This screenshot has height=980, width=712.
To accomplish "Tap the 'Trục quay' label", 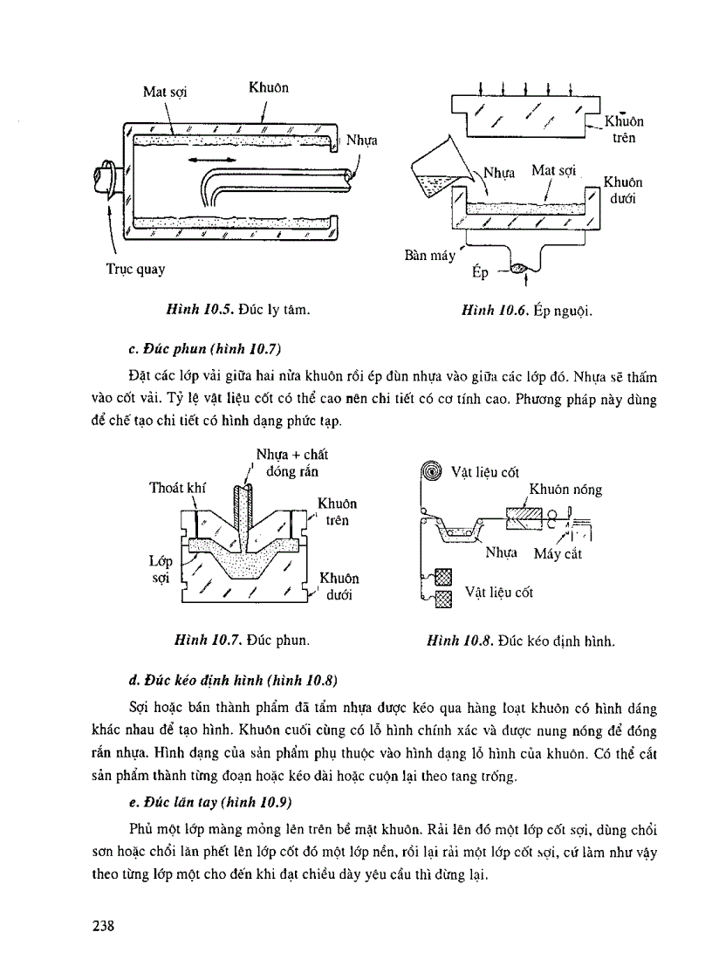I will (135, 270).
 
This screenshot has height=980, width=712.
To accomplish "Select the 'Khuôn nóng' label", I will (565, 490).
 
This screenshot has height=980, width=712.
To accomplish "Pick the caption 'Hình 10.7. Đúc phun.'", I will (243, 641).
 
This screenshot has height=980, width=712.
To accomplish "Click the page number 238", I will (106, 926).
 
